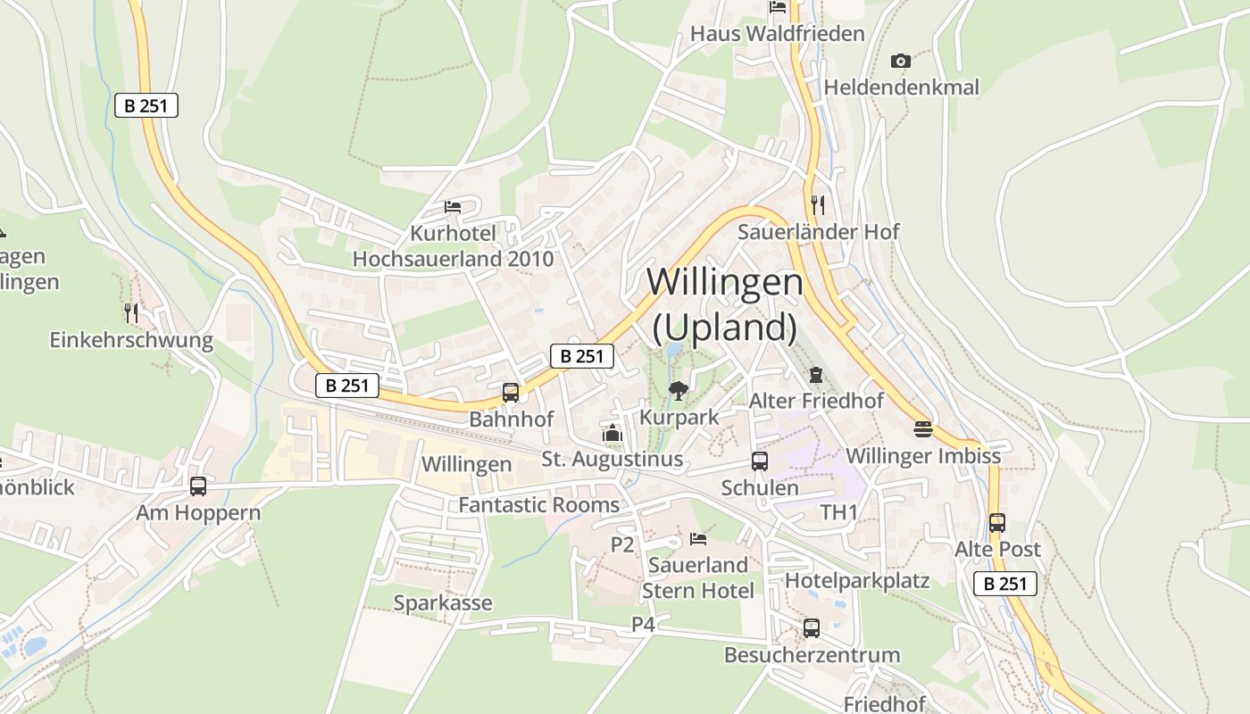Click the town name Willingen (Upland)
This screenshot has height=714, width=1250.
pos(724,304)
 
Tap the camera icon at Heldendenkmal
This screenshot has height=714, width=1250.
pos(901,61)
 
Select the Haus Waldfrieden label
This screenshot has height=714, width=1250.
pos(778,34)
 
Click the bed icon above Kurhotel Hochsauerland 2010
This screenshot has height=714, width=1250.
pos(453,207)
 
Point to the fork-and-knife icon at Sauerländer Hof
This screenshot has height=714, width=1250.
pos(817,205)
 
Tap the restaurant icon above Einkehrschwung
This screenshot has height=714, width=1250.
pos(131,312)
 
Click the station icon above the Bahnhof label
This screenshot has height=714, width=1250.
pos(511,392)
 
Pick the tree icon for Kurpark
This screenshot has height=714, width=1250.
pos(679,390)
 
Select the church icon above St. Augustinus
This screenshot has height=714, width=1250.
pos(612,434)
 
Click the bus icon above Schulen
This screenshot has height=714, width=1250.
pos(760,461)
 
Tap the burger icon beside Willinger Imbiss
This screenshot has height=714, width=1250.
pos(923,429)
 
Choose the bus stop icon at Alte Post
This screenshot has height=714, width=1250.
pos(997,523)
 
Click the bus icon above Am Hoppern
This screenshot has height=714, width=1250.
pos(198,486)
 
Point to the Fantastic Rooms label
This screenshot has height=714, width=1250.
pos(538,505)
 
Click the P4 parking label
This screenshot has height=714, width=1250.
pos(644,625)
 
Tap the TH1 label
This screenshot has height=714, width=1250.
pos(838,512)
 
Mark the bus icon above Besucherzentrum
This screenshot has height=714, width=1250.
pos(812,627)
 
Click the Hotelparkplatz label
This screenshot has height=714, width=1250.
pos(857,581)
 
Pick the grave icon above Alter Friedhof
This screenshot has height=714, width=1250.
pos(815,375)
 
